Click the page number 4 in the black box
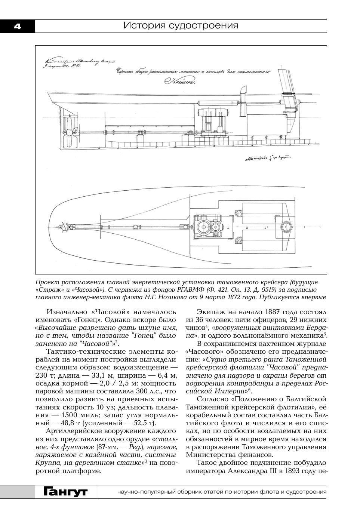[18, 26]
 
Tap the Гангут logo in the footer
[65, 492]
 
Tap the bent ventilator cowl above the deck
[243, 91]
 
